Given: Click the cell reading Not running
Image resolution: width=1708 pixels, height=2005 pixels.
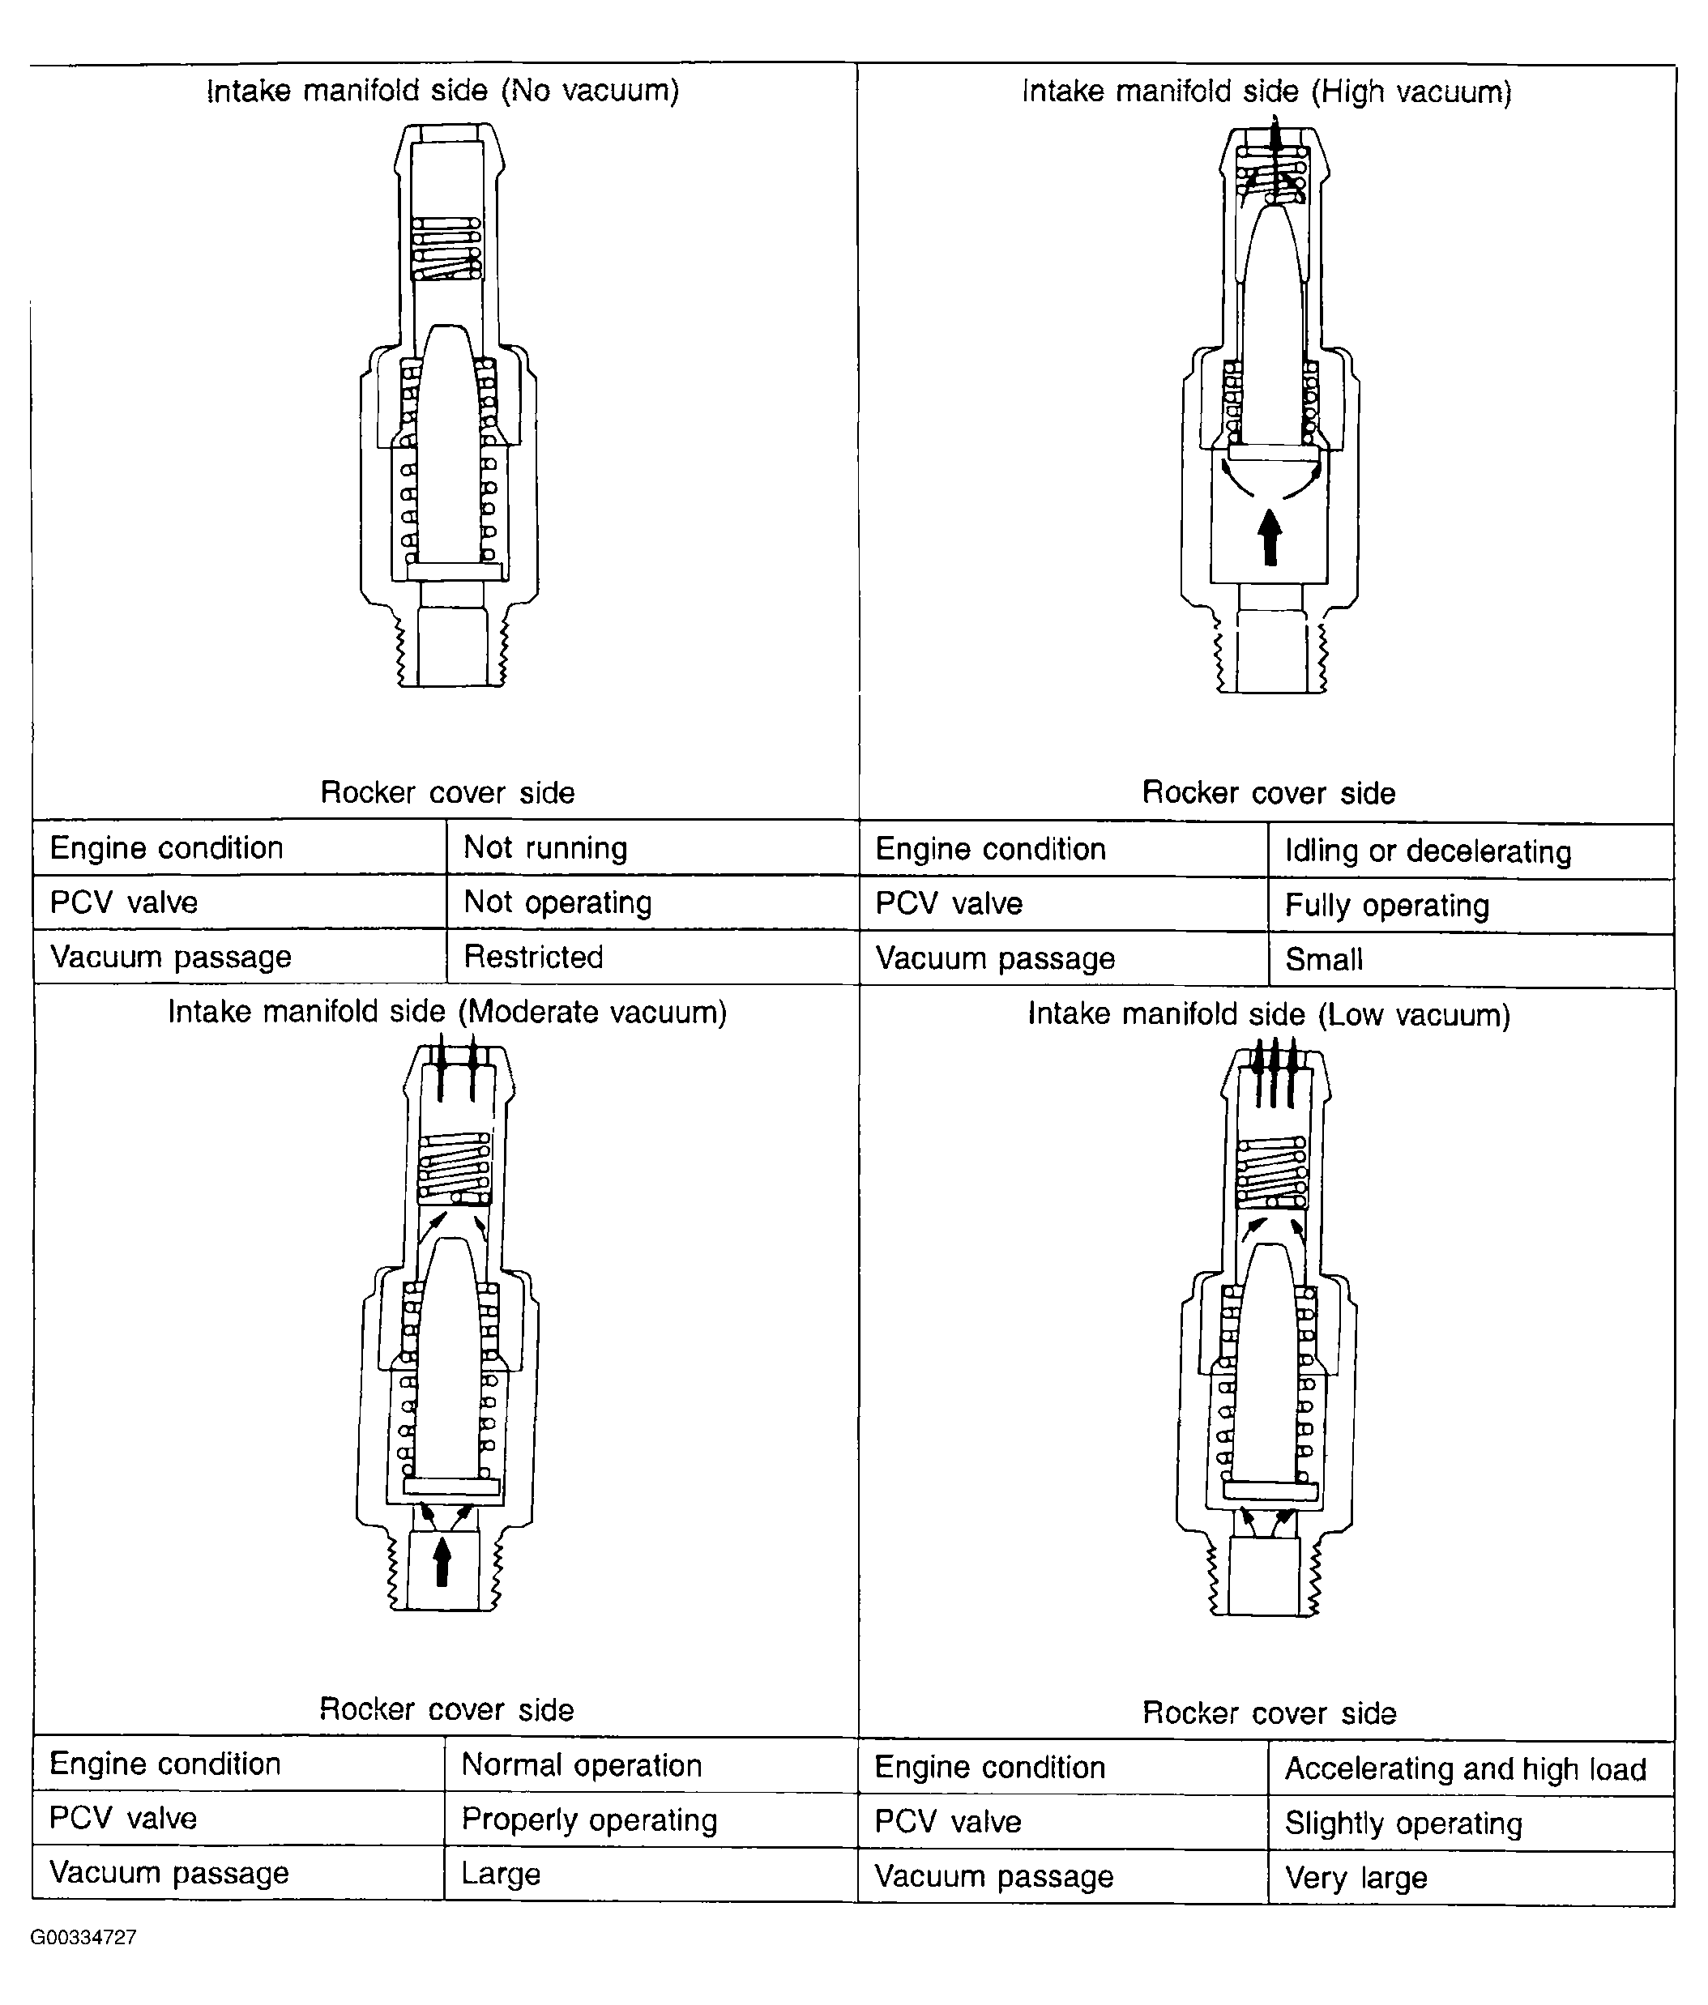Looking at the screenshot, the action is coord(653,847).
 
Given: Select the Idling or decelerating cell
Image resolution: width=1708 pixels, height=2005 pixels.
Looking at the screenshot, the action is coord(1471,851).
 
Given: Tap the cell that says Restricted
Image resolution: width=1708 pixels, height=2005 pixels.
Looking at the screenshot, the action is coord(653,957).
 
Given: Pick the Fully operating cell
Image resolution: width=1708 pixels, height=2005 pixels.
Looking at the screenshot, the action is coord(1471,906).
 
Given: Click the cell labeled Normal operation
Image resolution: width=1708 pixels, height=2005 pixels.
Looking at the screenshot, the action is coord(651,1764).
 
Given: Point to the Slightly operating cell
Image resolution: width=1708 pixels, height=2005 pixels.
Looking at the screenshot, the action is coord(1471,1823).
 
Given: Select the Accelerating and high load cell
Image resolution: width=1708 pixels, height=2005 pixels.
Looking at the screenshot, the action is coord(1471,1768).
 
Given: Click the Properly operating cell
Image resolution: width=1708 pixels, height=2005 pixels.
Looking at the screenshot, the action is coord(651,1819).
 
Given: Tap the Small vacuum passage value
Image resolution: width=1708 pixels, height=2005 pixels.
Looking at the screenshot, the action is coord(1471,960).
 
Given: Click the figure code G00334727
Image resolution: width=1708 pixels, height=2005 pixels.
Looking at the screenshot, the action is coord(83,1937).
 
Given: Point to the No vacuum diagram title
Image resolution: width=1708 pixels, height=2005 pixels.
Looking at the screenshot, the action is coord(443,91).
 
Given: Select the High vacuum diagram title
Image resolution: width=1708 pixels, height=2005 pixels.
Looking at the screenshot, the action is coord(1266,92).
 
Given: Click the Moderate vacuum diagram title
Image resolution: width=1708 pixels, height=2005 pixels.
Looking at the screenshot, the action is coord(447,1012).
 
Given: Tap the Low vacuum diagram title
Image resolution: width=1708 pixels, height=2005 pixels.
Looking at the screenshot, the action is coord(1269,1014).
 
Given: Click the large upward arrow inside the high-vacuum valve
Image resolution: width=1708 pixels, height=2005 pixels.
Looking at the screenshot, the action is coord(1270,537).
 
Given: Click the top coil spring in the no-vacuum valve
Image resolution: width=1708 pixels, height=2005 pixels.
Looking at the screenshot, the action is coord(446,249).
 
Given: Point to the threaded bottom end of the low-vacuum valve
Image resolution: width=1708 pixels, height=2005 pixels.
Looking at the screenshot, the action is coord(1264,1576).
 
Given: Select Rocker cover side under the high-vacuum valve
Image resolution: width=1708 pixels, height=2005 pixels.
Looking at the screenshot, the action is coord(1269,792).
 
